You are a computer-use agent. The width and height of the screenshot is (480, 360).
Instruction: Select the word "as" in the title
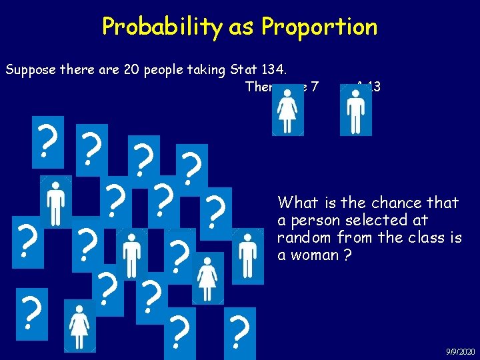tap(240, 27)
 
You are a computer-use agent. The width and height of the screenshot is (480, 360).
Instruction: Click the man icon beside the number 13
tap(355, 111)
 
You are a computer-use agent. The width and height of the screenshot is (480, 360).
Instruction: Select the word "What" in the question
tap(297, 203)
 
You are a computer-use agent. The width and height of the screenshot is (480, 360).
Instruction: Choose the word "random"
tap(302, 238)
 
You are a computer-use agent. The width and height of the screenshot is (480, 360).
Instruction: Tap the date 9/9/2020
tap(461, 351)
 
